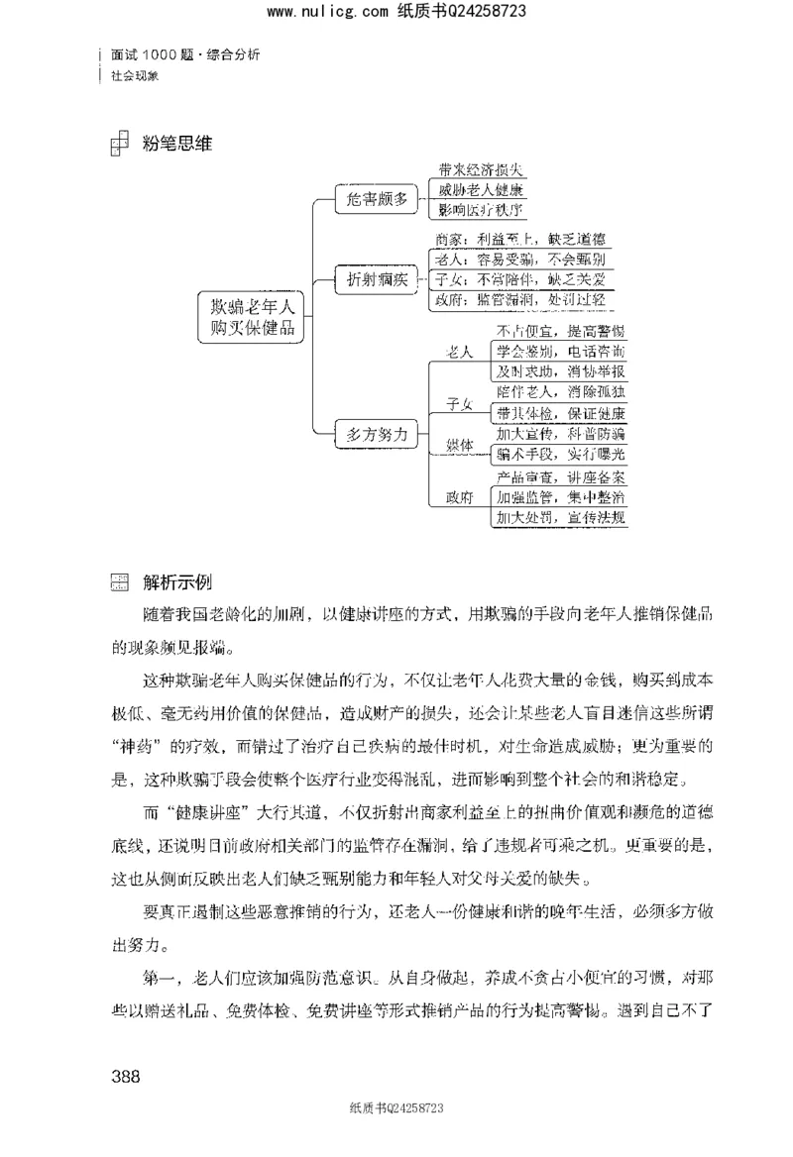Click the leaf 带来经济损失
[x=481, y=169]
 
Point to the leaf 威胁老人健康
[x=481, y=189]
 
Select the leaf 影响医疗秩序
[x=481, y=209]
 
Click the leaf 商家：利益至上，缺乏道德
[x=520, y=239]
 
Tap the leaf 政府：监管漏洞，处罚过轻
[x=520, y=299]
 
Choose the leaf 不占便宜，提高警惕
[x=560, y=330]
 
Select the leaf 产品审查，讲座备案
[x=560, y=476]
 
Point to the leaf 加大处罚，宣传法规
[x=560, y=517]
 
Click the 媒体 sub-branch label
[x=459, y=444]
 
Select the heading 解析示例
[x=177, y=580]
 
